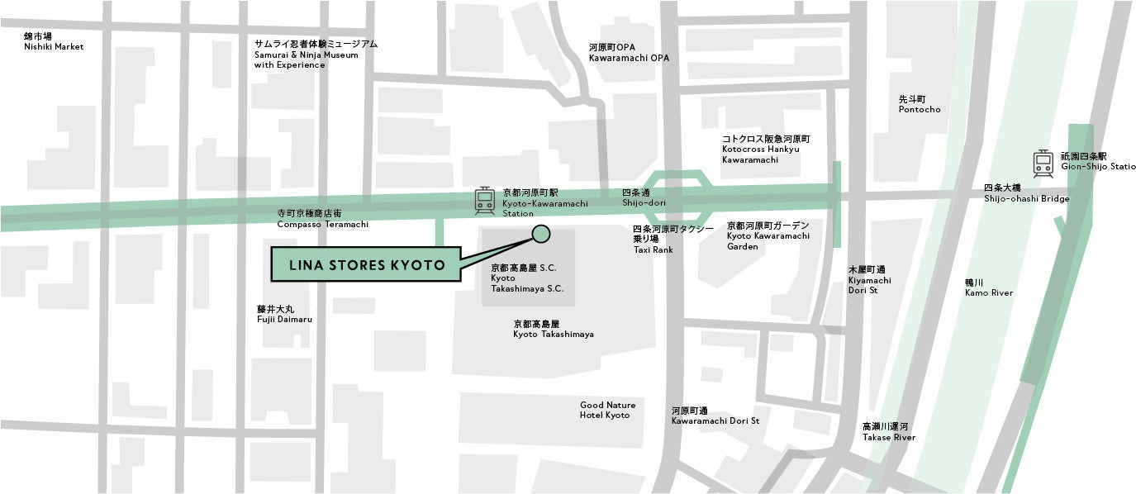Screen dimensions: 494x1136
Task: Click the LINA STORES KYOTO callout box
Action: [x=367, y=265]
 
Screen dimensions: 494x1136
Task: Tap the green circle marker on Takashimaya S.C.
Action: [x=541, y=234]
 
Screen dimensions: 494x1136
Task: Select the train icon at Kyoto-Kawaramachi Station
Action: [x=484, y=202]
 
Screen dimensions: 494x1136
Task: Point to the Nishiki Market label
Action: [x=54, y=42]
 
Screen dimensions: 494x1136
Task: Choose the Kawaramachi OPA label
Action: [x=629, y=53]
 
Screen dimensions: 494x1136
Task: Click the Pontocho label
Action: [x=920, y=104]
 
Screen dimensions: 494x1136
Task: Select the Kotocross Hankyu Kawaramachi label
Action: [x=766, y=149]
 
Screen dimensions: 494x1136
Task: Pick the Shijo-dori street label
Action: [x=643, y=197]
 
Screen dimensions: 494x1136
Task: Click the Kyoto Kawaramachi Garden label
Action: [x=768, y=235]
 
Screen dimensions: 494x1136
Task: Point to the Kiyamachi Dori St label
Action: [x=869, y=280]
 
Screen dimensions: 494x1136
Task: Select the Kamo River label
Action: [x=988, y=287]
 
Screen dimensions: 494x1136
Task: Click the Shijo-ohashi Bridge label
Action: [x=1026, y=193]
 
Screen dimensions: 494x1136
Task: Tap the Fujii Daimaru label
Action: [x=284, y=314]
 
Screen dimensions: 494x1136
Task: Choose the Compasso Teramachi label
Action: [x=322, y=219]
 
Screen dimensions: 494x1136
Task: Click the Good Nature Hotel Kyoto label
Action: [x=607, y=410]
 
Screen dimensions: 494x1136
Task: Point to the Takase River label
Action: [x=888, y=432]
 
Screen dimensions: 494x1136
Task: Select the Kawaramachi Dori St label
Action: [x=715, y=416]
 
